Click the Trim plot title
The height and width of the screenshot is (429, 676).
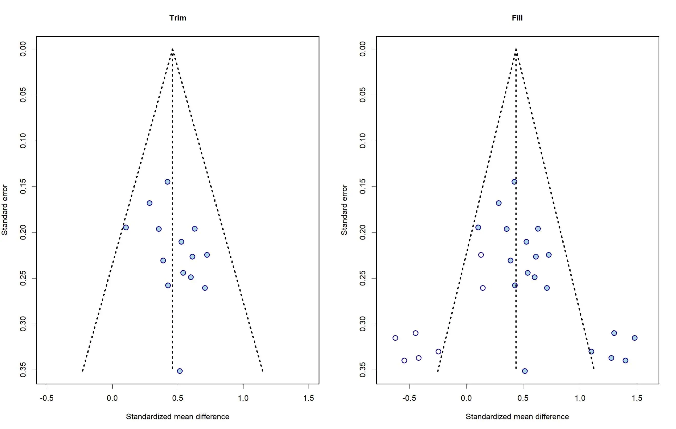pos(178,18)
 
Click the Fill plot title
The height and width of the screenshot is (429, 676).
pos(517,18)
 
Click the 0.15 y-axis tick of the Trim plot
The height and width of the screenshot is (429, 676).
pos(23,186)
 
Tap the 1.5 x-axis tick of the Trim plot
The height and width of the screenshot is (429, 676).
pos(309,398)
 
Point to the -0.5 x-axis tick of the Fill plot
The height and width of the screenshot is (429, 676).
pos(409,398)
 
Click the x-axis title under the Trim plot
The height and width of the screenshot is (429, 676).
pos(177,416)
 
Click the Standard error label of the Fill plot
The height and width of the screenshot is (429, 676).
pos(344,210)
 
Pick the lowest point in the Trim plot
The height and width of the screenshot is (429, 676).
pos(180,371)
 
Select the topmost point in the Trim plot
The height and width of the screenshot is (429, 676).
pos(167,182)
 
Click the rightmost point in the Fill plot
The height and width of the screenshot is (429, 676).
pos(634,338)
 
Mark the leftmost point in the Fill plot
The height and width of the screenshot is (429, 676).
pos(395,338)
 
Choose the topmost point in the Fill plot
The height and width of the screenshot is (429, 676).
pos(514,182)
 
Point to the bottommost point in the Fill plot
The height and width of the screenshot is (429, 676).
pos(525,371)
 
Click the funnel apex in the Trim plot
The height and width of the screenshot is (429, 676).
pos(172,49)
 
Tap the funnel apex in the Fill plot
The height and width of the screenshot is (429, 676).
pos(516,49)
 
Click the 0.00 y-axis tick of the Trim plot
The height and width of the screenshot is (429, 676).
pos(23,49)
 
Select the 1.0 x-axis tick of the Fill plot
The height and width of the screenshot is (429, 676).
pos(580,398)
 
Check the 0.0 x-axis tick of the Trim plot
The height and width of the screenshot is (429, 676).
pos(112,398)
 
